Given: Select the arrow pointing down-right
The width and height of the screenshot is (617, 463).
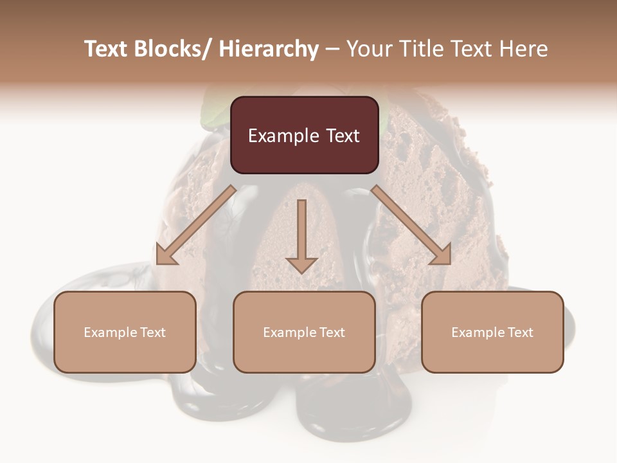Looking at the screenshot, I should point(411,225).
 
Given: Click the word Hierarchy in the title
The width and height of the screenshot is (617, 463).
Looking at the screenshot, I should point(269,49).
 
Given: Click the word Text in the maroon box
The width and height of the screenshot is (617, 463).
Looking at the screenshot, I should point(342,136).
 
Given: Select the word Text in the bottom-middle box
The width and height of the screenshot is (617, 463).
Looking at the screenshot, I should point(331,332).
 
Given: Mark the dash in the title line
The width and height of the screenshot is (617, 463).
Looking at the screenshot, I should point(333,49).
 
